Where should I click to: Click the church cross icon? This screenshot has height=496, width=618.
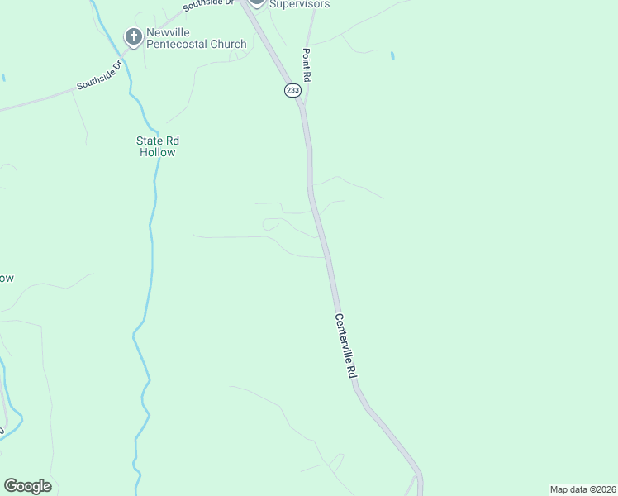[x=132, y=36]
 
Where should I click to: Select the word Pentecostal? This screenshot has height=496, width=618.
[x=181, y=44]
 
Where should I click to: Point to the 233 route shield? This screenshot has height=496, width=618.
[x=292, y=90]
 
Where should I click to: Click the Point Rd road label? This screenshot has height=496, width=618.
[x=306, y=64]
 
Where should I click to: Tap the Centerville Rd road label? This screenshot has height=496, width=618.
[x=345, y=346]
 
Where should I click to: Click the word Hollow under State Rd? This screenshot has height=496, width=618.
[x=156, y=152]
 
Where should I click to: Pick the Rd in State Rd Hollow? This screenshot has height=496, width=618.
[x=171, y=141]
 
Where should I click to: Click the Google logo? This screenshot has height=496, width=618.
[x=27, y=486]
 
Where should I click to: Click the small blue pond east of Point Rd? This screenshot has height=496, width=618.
[x=392, y=56]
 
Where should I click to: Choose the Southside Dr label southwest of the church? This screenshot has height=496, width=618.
[x=99, y=74]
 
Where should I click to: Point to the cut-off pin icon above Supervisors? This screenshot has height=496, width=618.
[x=257, y=2]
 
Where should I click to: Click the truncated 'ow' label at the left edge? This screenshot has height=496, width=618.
[x=6, y=279]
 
